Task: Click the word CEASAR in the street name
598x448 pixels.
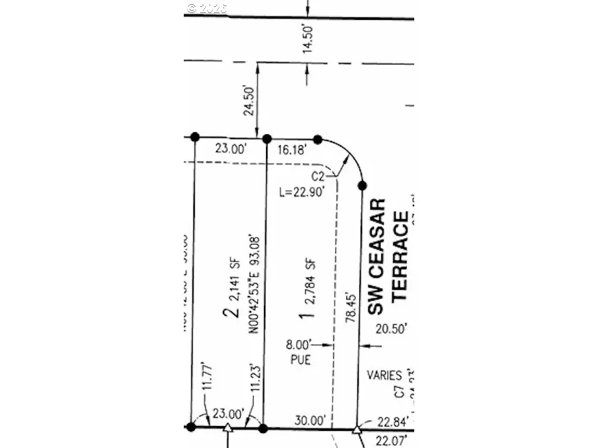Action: (x=376, y=256)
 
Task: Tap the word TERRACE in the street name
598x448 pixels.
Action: (x=400, y=256)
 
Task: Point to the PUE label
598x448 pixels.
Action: (x=300, y=359)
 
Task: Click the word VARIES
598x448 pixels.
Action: (x=384, y=376)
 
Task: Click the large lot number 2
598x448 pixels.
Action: (x=232, y=312)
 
